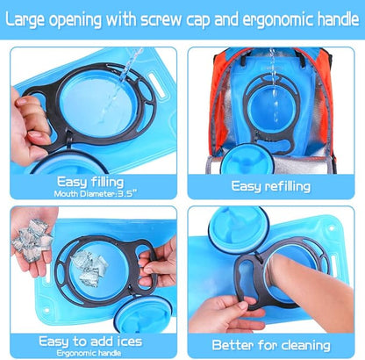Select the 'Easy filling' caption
click(90, 182)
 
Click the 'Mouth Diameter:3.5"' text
click(96, 194)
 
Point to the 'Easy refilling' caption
click(271, 186)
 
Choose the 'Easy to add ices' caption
click(90, 342)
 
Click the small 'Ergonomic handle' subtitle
click(89, 353)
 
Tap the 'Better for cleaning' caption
click(271, 345)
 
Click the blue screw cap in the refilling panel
click(247, 160)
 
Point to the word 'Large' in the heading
click(25, 20)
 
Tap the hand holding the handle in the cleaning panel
click(225, 314)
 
